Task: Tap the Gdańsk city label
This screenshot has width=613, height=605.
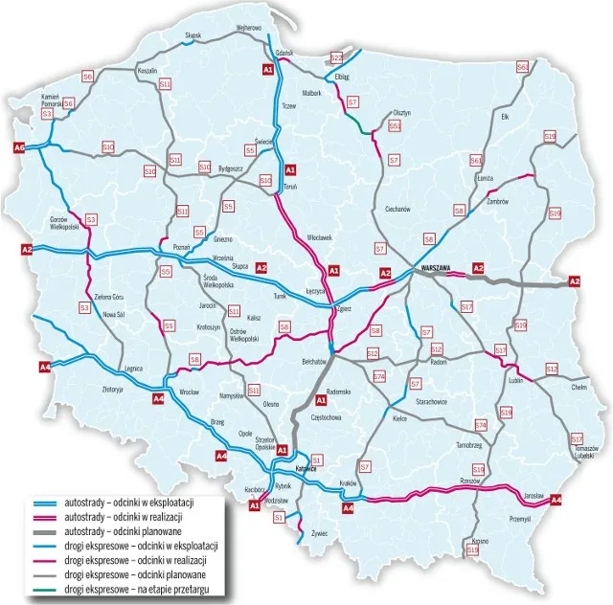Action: (284, 52)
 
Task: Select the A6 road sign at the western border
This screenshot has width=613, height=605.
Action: (18, 147)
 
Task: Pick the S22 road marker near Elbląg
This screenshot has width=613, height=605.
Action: (336, 57)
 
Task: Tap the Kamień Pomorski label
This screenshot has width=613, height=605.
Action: (52, 101)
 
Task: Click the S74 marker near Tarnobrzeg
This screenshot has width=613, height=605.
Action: (481, 424)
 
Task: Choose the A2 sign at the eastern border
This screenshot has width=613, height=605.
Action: (574, 280)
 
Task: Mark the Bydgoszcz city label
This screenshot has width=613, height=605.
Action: (232, 168)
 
